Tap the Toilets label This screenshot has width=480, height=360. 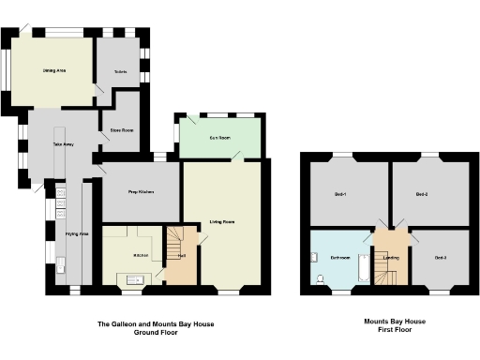pos(121,71)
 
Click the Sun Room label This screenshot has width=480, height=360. pos(220,138)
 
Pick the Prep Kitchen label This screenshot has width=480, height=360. pos(141,192)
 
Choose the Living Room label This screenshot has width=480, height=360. pos(221,222)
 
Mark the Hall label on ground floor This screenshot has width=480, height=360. pos(183,255)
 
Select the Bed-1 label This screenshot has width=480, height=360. pos(341,195)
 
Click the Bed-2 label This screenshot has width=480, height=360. pos(422,195)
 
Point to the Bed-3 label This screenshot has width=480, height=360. pos(441,257)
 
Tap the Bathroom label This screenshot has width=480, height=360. pos(340,257)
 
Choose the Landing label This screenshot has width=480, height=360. pos(392,257)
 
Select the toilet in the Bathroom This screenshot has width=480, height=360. pos(321,278)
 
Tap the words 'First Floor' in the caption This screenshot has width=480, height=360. pos(395,330)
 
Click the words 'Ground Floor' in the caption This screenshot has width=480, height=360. pos(157,332)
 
